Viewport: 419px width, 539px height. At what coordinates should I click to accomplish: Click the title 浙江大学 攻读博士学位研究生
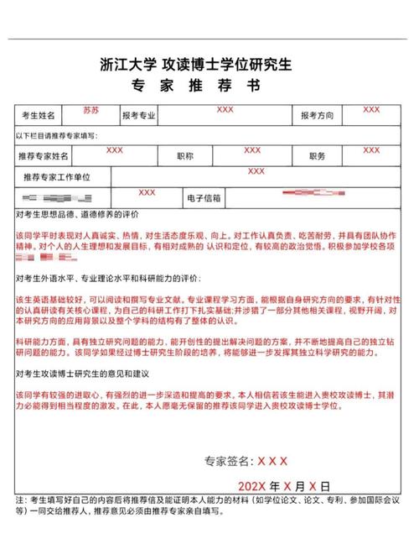pos(207,64)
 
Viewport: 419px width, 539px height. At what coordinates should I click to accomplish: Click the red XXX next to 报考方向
pos(371,110)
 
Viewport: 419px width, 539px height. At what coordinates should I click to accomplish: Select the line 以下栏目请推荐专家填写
pos(55,135)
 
